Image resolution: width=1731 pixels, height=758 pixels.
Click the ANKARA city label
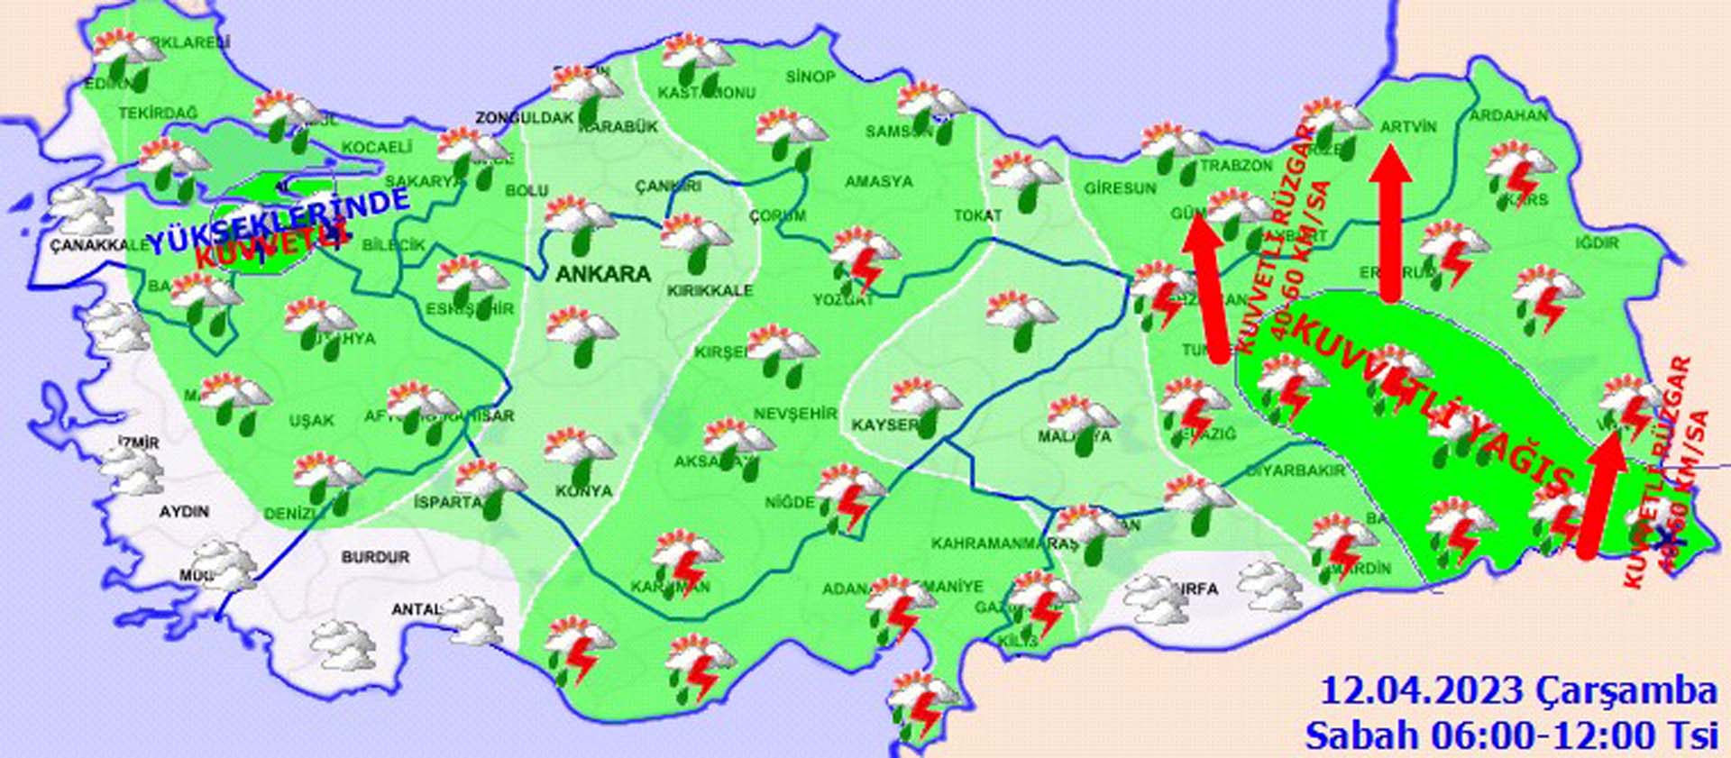(602, 274)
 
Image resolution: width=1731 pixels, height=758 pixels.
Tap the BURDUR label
(375, 558)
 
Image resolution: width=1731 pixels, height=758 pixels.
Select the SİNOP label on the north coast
(811, 78)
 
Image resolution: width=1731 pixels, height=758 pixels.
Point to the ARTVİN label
(1408, 128)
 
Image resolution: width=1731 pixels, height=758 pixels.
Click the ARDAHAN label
(1508, 116)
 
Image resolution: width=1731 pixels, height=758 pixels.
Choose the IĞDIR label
(1598, 243)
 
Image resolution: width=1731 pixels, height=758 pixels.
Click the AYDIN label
(184, 511)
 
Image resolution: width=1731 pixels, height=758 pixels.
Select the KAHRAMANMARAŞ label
(1004, 544)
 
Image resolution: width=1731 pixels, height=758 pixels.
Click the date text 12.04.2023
(1422, 691)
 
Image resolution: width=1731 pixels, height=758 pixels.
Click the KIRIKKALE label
(710, 291)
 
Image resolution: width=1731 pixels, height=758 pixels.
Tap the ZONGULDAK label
(525, 118)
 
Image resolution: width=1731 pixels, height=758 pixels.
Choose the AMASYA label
(878, 182)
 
